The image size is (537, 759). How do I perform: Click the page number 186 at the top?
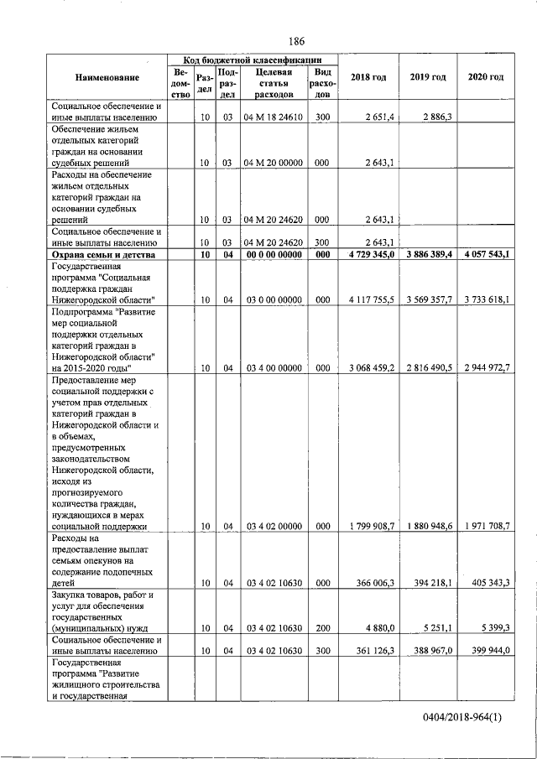point(295,41)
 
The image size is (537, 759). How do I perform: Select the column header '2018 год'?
point(368,77)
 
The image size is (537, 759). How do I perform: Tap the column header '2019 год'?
point(427,77)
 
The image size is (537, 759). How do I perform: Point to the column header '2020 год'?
point(485,77)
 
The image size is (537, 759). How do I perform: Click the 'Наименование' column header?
point(107,77)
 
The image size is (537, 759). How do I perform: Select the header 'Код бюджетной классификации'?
point(253,60)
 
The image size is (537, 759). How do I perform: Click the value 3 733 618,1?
point(484,299)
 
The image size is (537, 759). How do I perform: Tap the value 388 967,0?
point(430,650)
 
